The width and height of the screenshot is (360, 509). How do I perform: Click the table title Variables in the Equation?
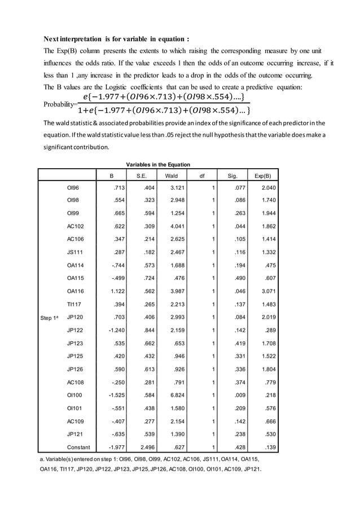coord(158,164)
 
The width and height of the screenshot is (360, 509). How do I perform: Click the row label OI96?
coord(73,188)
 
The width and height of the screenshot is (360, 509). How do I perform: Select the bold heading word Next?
coord(54,39)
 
